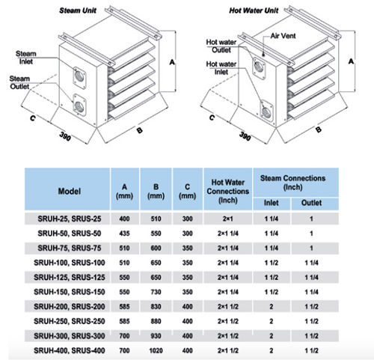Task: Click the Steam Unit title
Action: [78, 10]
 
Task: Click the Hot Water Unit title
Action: [254, 10]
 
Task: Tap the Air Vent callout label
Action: [283, 36]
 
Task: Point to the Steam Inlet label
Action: [26, 58]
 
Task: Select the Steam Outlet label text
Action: [19, 82]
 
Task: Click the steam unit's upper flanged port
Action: [79, 78]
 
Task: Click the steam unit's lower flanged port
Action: [79, 106]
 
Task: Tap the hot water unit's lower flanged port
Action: [266, 112]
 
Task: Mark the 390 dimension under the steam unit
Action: [65, 136]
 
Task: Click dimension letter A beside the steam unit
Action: [172, 62]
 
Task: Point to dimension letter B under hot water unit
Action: [319, 129]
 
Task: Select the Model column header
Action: [70, 192]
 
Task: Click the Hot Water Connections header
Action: [228, 191]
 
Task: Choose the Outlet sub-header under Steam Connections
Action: [311, 203]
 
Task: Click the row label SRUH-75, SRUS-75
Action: [70, 248]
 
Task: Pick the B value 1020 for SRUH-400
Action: [156, 350]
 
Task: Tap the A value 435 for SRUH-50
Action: [124, 234]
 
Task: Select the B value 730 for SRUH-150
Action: [156, 292]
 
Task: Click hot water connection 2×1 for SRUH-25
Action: [228, 219]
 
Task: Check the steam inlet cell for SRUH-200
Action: [272, 307]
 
